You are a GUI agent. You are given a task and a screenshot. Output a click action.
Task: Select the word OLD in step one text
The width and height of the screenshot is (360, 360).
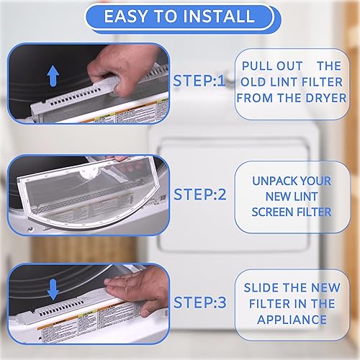tap(255, 81)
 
